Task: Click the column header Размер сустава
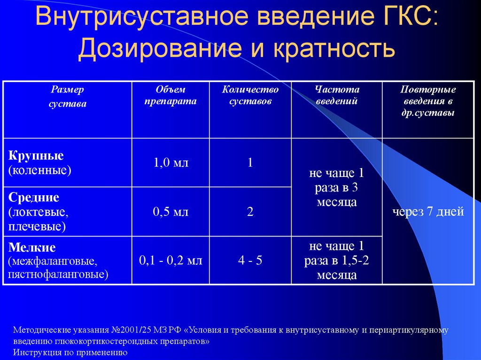click(x=68, y=97)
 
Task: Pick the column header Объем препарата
click(x=171, y=95)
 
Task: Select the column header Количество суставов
click(x=250, y=95)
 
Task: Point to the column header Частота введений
click(x=337, y=95)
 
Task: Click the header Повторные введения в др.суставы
click(x=428, y=101)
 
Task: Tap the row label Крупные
click(x=36, y=156)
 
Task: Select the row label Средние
click(x=33, y=197)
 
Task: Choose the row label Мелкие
click(x=31, y=247)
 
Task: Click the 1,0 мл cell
click(x=171, y=163)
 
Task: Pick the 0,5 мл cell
click(x=171, y=212)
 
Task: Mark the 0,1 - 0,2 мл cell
click(x=171, y=260)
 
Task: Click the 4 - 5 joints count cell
click(x=250, y=260)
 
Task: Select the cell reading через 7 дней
click(x=428, y=212)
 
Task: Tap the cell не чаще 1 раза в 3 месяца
click(x=337, y=188)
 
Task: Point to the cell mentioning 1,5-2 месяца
click(x=337, y=260)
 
